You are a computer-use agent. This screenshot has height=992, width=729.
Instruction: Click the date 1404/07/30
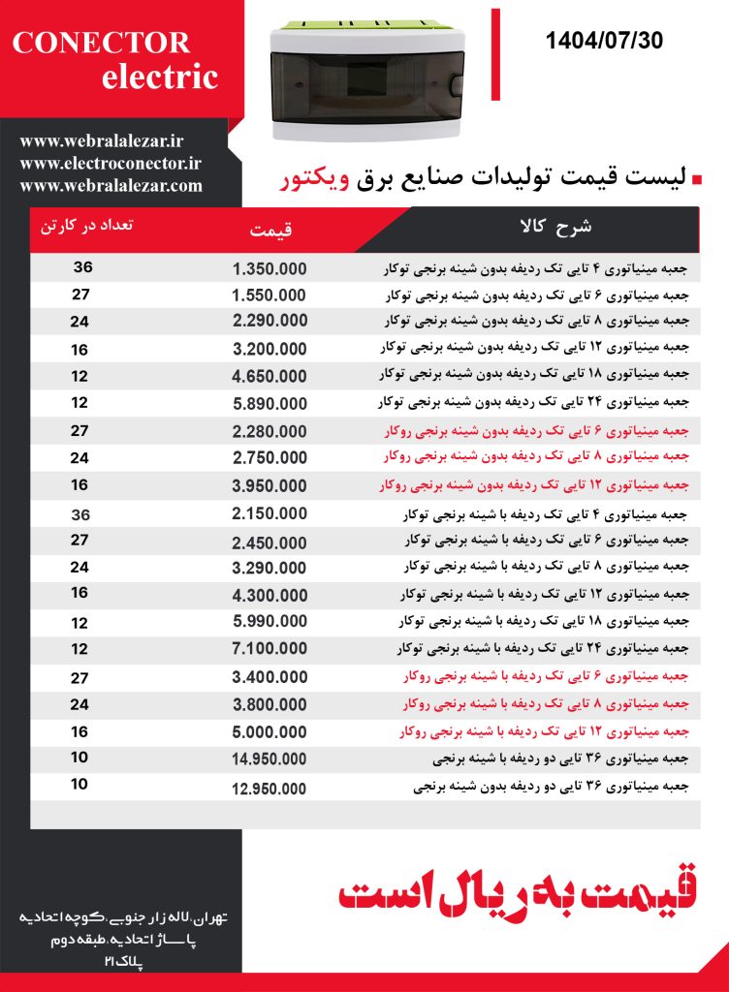click(x=604, y=41)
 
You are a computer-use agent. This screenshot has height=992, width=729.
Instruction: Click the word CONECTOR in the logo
click(x=101, y=43)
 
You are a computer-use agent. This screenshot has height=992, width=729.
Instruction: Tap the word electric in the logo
click(x=160, y=77)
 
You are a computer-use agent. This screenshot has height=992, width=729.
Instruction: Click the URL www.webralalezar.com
click(x=111, y=185)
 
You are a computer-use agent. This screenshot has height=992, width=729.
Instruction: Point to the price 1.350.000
click(x=269, y=268)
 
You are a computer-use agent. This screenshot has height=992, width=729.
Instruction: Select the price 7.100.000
click(x=269, y=647)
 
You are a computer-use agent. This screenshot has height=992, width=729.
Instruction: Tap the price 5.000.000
click(x=269, y=731)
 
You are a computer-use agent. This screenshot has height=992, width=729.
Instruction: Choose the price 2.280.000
click(x=269, y=431)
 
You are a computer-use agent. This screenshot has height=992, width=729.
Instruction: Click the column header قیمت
click(x=270, y=231)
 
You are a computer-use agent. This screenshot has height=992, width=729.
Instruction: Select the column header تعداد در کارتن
click(x=87, y=226)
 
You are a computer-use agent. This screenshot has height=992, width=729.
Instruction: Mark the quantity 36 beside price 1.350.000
click(x=82, y=267)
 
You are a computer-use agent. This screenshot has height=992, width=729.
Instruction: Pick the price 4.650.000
click(x=269, y=375)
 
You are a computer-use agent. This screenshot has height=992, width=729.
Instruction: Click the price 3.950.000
click(x=269, y=484)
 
